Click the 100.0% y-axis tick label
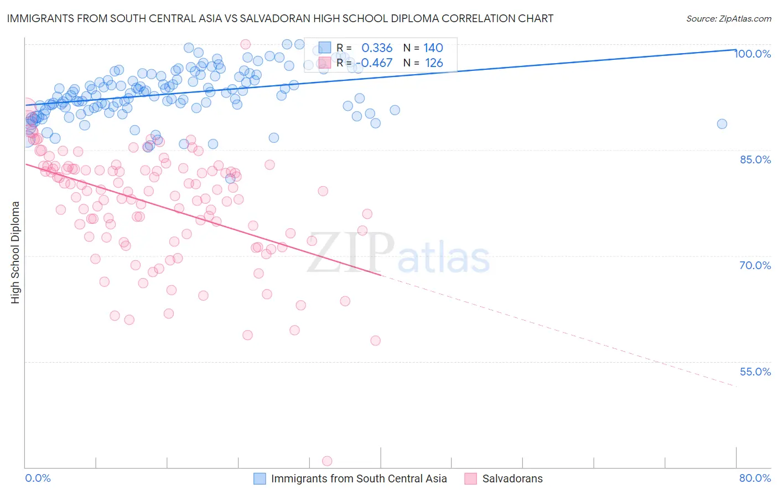pos(753,54)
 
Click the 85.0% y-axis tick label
pos(755,159)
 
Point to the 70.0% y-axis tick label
pos(755,265)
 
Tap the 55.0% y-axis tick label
pos(755,372)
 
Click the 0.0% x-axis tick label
pos(38,478)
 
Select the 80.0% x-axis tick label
pos(755,478)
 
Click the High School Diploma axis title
pos(15,252)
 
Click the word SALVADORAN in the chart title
pos(263,19)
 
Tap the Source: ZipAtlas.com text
pos(728,19)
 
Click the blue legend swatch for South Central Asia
pos(260,478)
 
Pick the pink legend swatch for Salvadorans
pos(471,478)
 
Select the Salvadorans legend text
pos(512,478)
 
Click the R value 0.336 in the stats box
pos(377,48)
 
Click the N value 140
pos(433,48)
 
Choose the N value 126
pos(434,63)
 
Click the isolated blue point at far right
pos(722,124)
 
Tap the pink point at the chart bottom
pos(327,461)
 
